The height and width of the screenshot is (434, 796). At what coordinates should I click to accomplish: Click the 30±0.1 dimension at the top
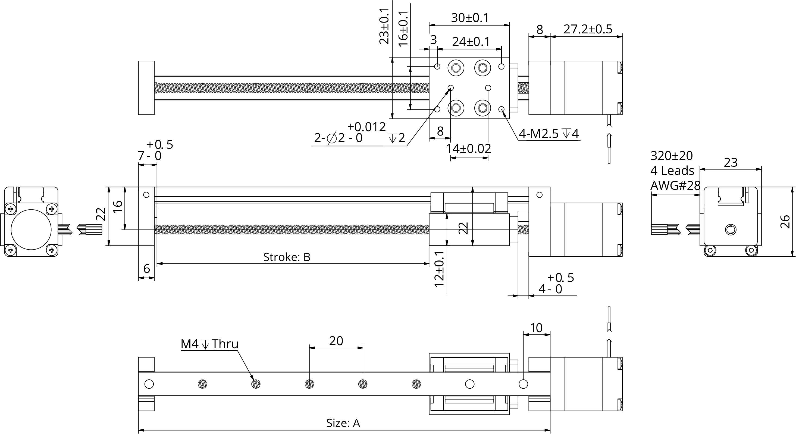470,18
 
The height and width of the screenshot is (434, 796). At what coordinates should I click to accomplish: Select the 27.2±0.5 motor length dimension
588,29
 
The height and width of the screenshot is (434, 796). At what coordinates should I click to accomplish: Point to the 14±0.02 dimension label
468,149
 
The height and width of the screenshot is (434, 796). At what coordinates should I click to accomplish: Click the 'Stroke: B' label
286,257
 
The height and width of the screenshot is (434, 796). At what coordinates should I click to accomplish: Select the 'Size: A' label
343,423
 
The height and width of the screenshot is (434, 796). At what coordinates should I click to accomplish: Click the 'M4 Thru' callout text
209,344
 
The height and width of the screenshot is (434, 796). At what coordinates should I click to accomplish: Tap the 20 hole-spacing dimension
336,341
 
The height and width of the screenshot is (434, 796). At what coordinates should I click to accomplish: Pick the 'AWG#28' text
675,186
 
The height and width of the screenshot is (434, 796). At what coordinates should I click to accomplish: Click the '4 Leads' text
672,171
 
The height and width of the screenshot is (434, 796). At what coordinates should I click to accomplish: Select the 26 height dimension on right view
785,222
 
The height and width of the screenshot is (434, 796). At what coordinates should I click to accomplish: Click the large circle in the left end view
31,229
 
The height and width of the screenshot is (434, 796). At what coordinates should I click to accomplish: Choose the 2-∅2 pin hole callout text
338,138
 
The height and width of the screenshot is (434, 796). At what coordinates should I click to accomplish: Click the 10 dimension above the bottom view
536,328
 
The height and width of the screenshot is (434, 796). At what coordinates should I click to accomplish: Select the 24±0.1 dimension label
471,42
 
